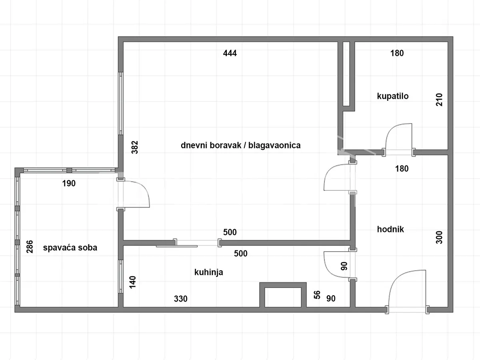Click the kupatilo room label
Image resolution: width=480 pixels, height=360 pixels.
[393, 96]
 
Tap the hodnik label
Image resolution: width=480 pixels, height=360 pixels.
[390, 229]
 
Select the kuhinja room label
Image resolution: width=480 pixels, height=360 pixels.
[209, 272]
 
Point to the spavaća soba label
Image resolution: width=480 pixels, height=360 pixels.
[70, 248]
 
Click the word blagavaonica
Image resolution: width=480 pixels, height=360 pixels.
[274, 145]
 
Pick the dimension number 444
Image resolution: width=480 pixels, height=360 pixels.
[230, 53]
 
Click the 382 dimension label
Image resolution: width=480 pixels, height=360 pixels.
[135, 147]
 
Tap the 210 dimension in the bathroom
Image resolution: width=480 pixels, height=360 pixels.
[439, 100]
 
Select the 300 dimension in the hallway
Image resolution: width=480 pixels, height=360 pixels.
[439, 237]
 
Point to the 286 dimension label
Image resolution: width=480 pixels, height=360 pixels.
[30, 247]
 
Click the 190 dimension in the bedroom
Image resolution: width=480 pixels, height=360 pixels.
[69, 183]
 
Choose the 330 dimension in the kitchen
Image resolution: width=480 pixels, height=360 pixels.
[181, 299]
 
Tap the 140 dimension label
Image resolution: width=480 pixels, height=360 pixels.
[133, 282]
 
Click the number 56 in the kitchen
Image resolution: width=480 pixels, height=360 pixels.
[317, 295]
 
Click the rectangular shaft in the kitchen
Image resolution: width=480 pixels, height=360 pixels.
[283, 295]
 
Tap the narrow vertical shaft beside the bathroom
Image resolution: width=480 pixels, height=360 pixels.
[346, 74]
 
